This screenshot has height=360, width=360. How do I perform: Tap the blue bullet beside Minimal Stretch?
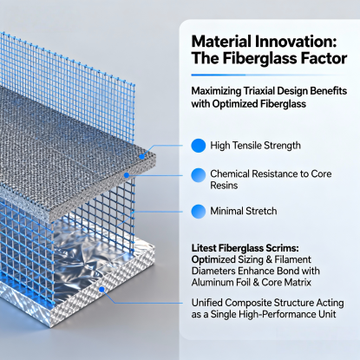[x=198, y=211]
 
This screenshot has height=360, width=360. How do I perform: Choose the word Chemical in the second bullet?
[x=233, y=173]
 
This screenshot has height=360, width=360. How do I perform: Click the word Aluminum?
[x=214, y=286]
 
